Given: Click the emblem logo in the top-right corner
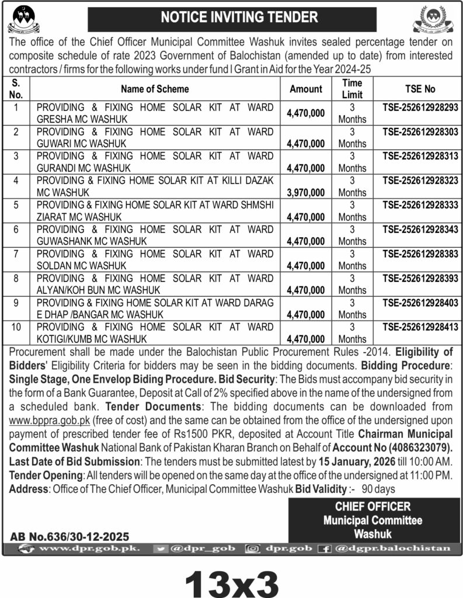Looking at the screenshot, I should click(x=436, y=19).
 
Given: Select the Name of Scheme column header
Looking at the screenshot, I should click(x=155, y=89).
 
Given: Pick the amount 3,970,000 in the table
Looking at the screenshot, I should click(x=305, y=192).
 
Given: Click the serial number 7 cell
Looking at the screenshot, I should click(x=17, y=254).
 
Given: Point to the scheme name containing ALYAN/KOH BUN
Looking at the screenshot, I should click(x=155, y=284).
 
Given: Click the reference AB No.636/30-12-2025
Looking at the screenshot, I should click(x=70, y=536).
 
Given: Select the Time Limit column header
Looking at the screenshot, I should click(x=352, y=89).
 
